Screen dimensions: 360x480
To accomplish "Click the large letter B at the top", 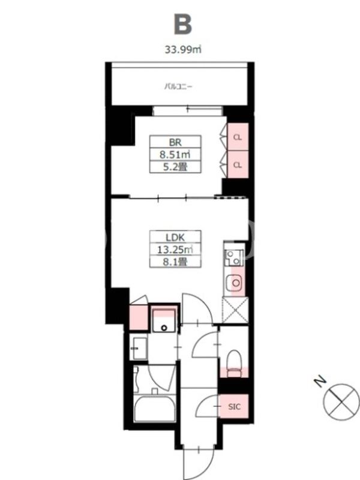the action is tap(183, 24).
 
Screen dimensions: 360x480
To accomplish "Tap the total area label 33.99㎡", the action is tap(183, 49).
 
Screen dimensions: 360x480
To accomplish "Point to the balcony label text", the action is tap(178, 86).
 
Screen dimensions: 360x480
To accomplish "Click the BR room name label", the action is tap(175, 142).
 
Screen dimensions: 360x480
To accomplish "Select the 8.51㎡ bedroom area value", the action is tap(175, 154).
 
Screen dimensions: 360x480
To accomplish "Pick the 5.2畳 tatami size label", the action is tap(175, 167).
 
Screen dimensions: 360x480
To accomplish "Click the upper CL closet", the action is tap(238, 137).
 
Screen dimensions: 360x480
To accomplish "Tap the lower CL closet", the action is tap(238, 164).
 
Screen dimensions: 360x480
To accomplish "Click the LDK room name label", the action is tap(175, 237).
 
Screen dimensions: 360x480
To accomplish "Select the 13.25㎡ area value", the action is tap(175, 250).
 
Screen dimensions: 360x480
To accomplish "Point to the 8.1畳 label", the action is tap(175, 262).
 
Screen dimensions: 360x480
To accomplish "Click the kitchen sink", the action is tap(234, 257).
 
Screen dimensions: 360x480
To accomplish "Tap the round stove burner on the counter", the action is tap(236, 283).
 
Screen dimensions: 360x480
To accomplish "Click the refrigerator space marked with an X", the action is tap(235, 310).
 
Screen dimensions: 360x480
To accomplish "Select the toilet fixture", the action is tap(235, 364).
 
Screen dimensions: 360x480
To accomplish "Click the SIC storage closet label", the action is tap(234, 407).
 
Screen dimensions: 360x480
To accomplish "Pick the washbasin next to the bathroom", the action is tap(140, 349).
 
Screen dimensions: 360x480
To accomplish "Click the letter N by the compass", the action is tap(320, 382).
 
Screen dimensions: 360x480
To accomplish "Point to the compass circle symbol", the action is tap(341, 402).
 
